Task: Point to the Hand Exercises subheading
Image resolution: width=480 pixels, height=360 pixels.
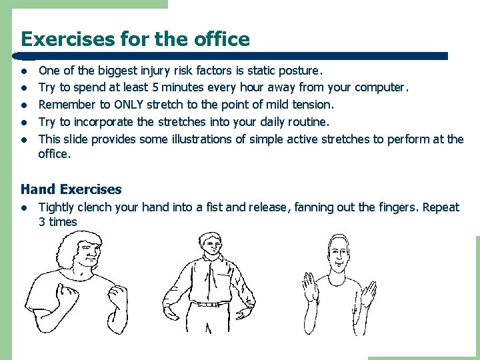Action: [71, 190]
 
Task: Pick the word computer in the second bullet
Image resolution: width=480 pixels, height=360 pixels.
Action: [381, 87]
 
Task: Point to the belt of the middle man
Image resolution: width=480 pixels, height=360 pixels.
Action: [211, 303]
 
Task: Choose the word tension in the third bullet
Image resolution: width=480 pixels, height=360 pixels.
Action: [313, 104]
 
